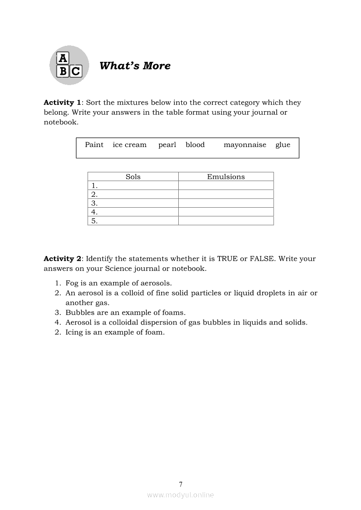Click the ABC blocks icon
(69, 65)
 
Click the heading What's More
(135, 66)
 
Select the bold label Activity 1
(62, 103)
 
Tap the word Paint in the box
(94, 145)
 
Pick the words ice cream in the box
(129, 145)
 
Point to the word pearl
(167, 145)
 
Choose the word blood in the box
(195, 145)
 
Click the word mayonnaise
(245, 145)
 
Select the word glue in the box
(283, 145)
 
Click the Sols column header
(133, 177)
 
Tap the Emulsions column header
(226, 177)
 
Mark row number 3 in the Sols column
(94, 203)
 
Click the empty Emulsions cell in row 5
(226, 221)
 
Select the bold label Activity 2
(62, 259)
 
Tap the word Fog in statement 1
(72, 283)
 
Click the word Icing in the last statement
(74, 332)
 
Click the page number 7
(180, 484)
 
